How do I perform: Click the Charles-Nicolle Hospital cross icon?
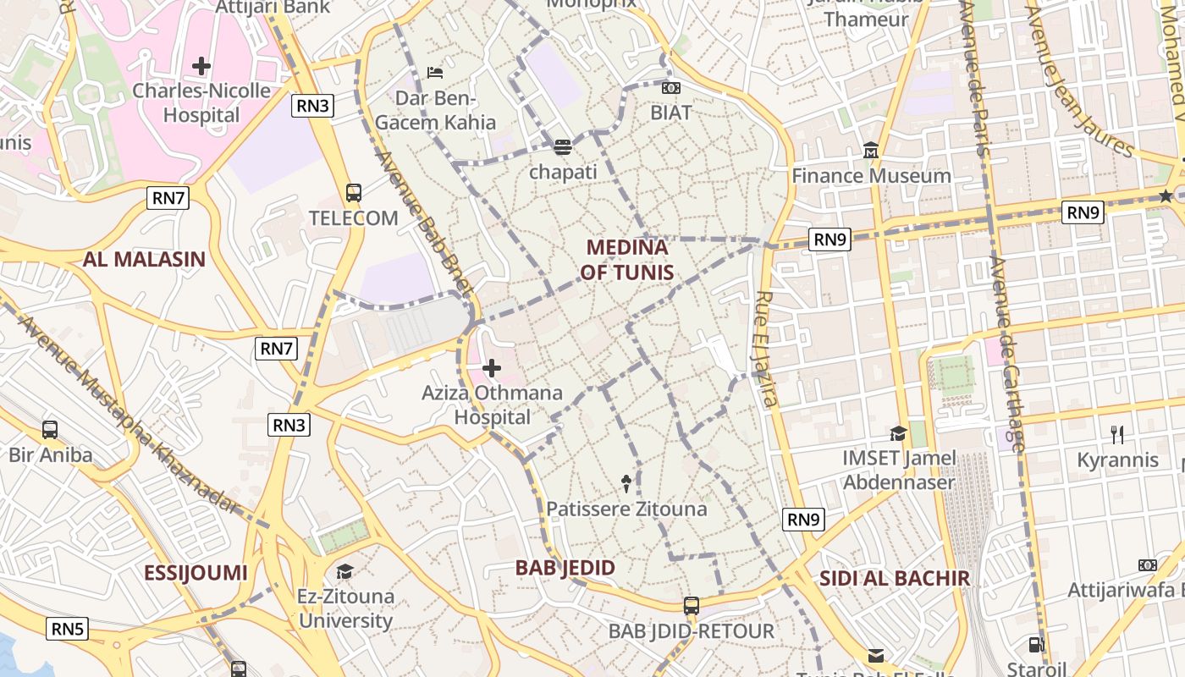pyautogui.click(x=201, y=65)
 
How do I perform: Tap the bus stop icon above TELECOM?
pyautogui.click(x=354, y=193)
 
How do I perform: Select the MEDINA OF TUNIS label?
pyautogui.click(x=627, y=259)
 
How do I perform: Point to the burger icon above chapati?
pyautogui.click(x=563, y=147)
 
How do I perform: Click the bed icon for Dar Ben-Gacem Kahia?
pyautogui.click(x=435, y=73)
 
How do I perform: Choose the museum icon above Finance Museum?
pyautogui.click(x=871, y=151)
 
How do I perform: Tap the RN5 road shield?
pyautogui.click(x=68, y=629)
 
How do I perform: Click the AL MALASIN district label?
pyautogui.click(x=144, y=259)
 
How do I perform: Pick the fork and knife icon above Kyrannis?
pyautogui.click(x=1117, y=435)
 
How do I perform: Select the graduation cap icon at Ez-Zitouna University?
pyautogui.click(x=344, y=571)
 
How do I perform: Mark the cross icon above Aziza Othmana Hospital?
pyautogui.click(x=492, y=368)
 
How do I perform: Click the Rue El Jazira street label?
pyautogui.click(x=767, y=349)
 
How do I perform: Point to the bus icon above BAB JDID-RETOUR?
pyautogui.click(x=692, y=606)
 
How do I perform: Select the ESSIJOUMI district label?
pyautogui.click(x=196, y=573)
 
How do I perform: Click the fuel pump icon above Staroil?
pyautogui.click(x=1037, y=645)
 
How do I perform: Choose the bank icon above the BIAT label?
pyautogui.click(x=671, y=88)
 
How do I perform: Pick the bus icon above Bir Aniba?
pyautogui.click(x=50, y=430)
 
